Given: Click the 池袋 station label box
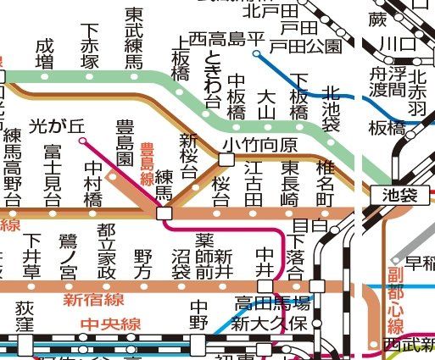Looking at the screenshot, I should [395, 195].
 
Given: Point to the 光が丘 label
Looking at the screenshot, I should [58, 125].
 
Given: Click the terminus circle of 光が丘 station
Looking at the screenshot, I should [82, 141].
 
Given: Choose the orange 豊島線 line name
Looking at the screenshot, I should [146, 163].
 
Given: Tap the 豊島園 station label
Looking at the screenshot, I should [125, 142].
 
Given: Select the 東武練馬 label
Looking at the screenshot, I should [133, 38].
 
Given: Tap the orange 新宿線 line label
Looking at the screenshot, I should [93, 299].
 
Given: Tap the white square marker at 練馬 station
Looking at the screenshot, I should [164, 213].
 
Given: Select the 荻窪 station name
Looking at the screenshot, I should [25, 318].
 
